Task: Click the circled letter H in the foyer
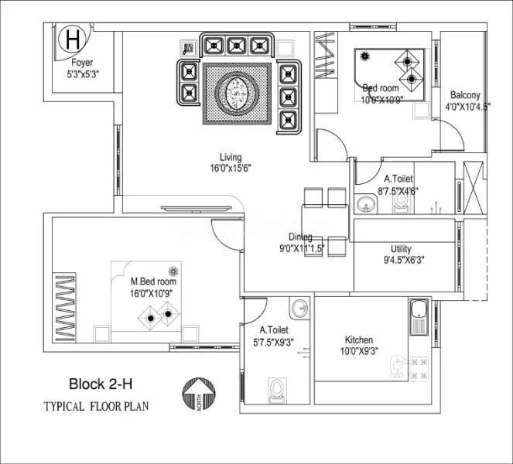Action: point(73,38)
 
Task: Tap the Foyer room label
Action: point(83,63)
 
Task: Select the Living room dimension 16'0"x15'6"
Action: point(230,167)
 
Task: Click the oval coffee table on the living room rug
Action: point(237,93)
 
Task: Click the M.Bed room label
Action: point(153,282)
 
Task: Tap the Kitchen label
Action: point(359,339)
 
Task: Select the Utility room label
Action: point(401,249)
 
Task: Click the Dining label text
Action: point(300,237)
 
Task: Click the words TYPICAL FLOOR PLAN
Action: point(96,406)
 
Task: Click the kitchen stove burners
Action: point(418,364)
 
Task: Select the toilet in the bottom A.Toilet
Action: point(275,389)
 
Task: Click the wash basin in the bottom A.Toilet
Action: point(300,309)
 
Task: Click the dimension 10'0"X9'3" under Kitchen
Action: point(359,350)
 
